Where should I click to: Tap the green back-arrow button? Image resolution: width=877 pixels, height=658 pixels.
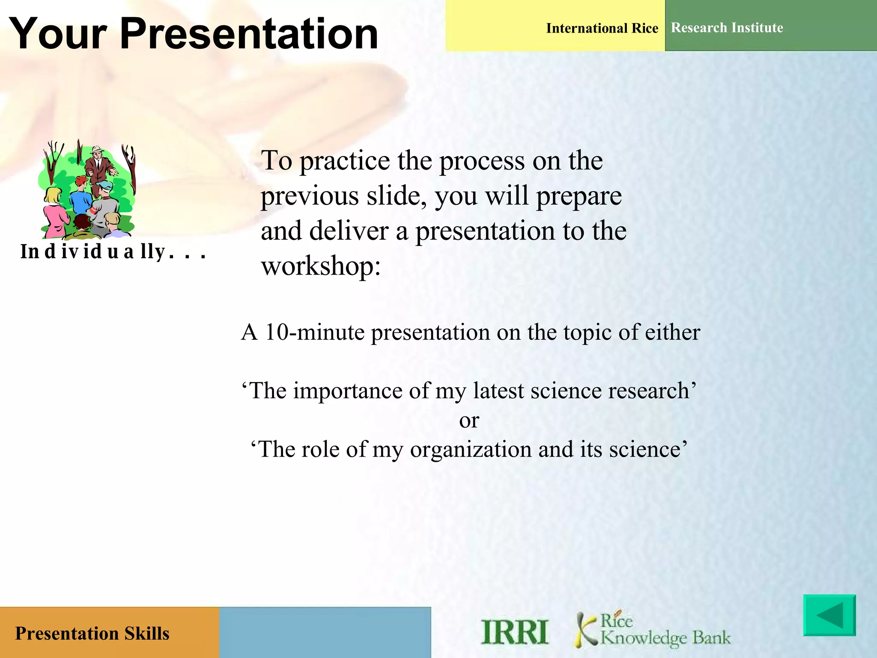829,615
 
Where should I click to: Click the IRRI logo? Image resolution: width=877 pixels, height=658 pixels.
514,632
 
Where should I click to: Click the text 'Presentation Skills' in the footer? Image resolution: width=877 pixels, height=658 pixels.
92,634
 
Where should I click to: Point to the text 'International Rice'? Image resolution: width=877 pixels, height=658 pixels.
602,28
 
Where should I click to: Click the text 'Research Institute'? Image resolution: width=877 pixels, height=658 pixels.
727,28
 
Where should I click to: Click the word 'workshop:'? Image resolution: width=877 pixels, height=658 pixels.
321,266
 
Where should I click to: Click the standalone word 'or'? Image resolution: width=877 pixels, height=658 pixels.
469,421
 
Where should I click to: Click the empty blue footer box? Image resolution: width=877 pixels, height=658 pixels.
325,632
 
